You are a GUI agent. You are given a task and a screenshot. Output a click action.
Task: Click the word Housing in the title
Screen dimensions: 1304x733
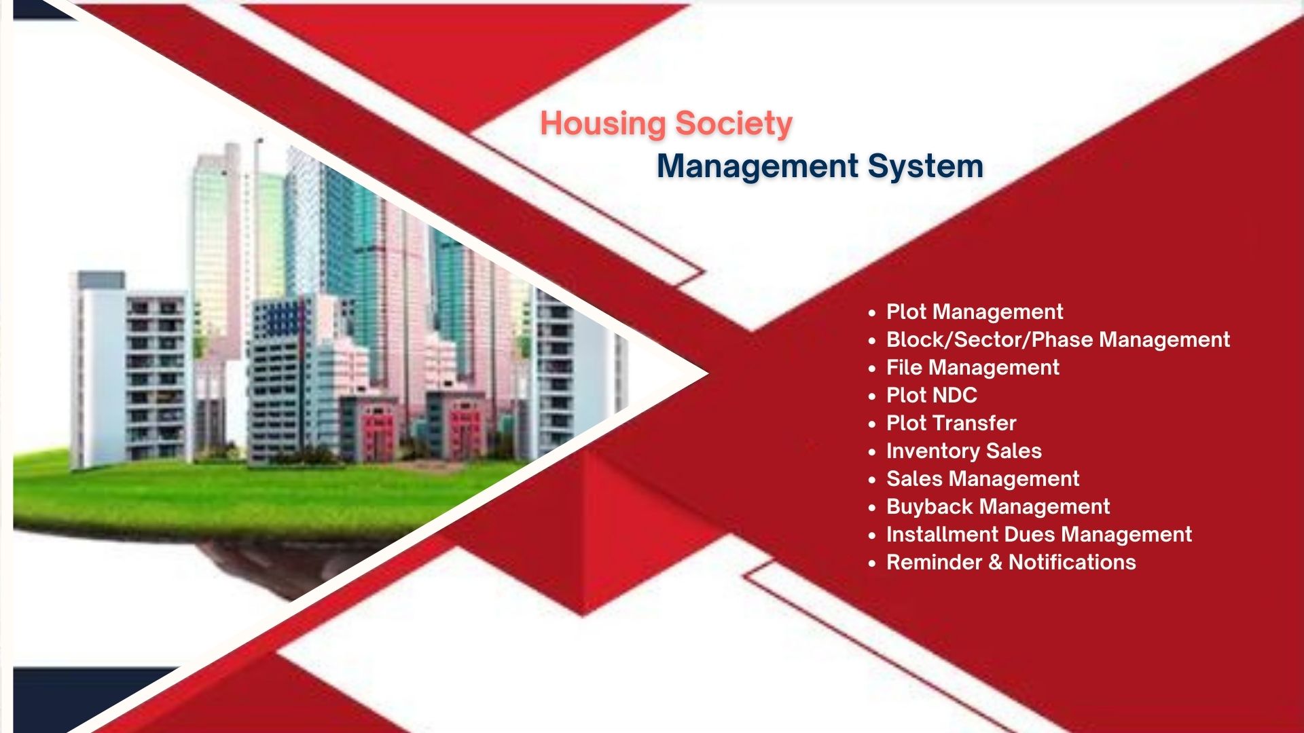tap(603, 125)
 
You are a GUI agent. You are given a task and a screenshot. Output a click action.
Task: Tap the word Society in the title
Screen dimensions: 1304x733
tap(734, 125)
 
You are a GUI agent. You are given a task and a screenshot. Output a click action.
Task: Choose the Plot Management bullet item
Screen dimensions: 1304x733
tap(975, 312)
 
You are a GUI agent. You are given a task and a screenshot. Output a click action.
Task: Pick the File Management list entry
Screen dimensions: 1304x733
tap(973, 368)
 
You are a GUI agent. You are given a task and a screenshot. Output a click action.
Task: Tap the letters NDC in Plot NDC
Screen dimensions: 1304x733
tap(954, 395)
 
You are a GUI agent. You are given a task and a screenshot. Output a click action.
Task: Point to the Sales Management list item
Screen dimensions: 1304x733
tap(983, 479)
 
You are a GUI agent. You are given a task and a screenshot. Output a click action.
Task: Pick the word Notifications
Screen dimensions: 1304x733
tap(1072, 563)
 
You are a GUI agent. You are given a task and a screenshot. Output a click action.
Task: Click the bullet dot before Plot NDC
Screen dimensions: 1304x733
tap(872, 396)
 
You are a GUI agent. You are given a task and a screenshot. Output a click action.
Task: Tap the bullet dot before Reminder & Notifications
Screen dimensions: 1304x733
tap(872, 563)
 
